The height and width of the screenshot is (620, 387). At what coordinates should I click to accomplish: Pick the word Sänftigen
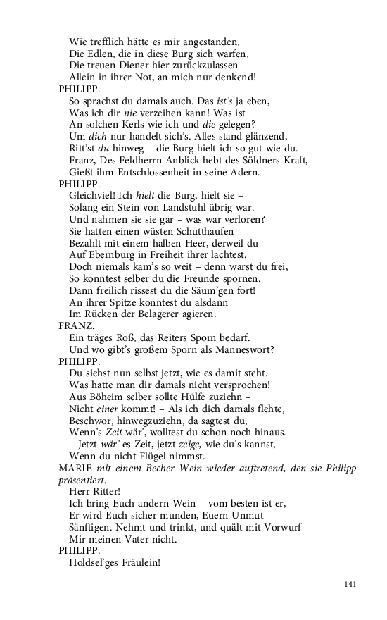point(94,528)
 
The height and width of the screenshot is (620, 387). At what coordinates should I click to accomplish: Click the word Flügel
point(160,457)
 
